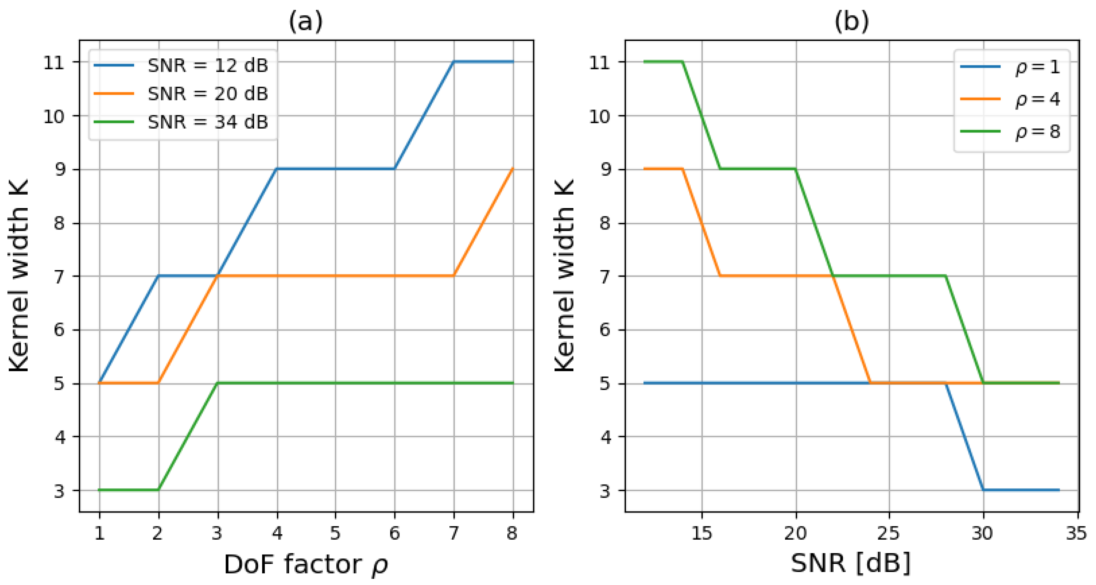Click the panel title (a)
pos(306,21)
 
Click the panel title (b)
pos(851,21)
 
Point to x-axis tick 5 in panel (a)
pos(336,533)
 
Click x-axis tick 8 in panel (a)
pos(513,533)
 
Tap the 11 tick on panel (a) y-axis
pos(54,63)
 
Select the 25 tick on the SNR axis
pos(889,533)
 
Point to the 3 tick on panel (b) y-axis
pos(605,490)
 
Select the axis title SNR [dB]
pos(851,563)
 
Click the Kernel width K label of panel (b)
pos(565,276)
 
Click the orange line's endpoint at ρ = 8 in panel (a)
pos(513,169)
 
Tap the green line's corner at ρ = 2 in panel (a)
pos(159,490)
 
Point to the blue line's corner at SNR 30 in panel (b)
pos(983,490)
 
